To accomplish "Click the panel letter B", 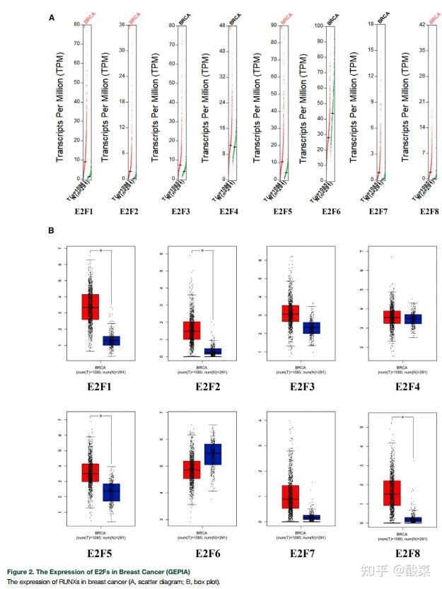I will click(x=51, y=231).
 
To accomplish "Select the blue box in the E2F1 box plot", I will click(x=112, y=341).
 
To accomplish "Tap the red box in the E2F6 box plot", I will click(x=192, y=470).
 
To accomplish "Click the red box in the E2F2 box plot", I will click(x=192, y=330).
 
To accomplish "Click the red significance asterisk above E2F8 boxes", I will click(x=403, y=418).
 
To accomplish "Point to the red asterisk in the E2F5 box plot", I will click(x=100, y=416).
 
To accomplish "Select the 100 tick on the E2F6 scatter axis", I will click(x=320, y=26).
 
